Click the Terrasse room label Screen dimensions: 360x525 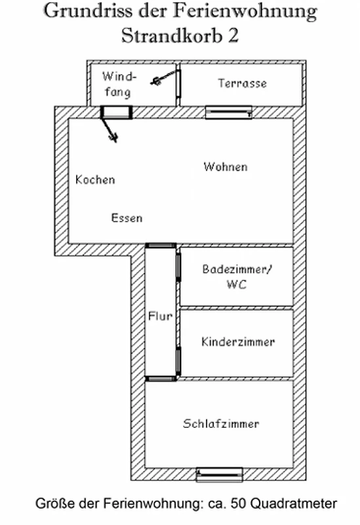pyautogui.click(x=243, y=83)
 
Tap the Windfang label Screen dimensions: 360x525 pyautogui.click(x=119, y=84)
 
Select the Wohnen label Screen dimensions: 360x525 pyautogui.click(x=226, y=167)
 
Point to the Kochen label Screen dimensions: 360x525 pyautogui.click(x=95, y=179)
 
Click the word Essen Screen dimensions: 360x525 pyautogui.click(x=127, y=218)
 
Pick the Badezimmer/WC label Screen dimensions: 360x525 pyautogui.click(x=237, y=277)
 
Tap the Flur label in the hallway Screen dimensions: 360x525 pyautogui.click(x=160, y=316)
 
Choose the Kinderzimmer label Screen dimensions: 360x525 pyautogui.click(x=238, y=341)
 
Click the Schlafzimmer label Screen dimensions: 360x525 pyautogui.click(x=221, y=423)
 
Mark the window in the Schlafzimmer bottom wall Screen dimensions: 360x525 pyautogui.click(x=220, y=474)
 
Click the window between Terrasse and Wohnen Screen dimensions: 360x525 pyautogui.click(x=228, y=112)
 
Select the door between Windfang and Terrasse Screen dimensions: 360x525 pyautogui.click(x=178, y=84)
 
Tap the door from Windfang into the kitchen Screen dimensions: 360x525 pyautogui.click(x=117, y=112)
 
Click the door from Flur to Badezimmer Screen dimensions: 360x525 pyautogui.click(x=178, y=267)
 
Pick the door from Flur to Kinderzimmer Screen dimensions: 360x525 pyautogui.click(x=178, y=362)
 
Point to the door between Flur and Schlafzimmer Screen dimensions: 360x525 pyautogui.click(x=161, y=379)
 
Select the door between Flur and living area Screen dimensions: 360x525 pyautogui.click(x=161, y=245)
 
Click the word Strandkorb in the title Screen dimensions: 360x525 pyautogui.click(x=172, y=35)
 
